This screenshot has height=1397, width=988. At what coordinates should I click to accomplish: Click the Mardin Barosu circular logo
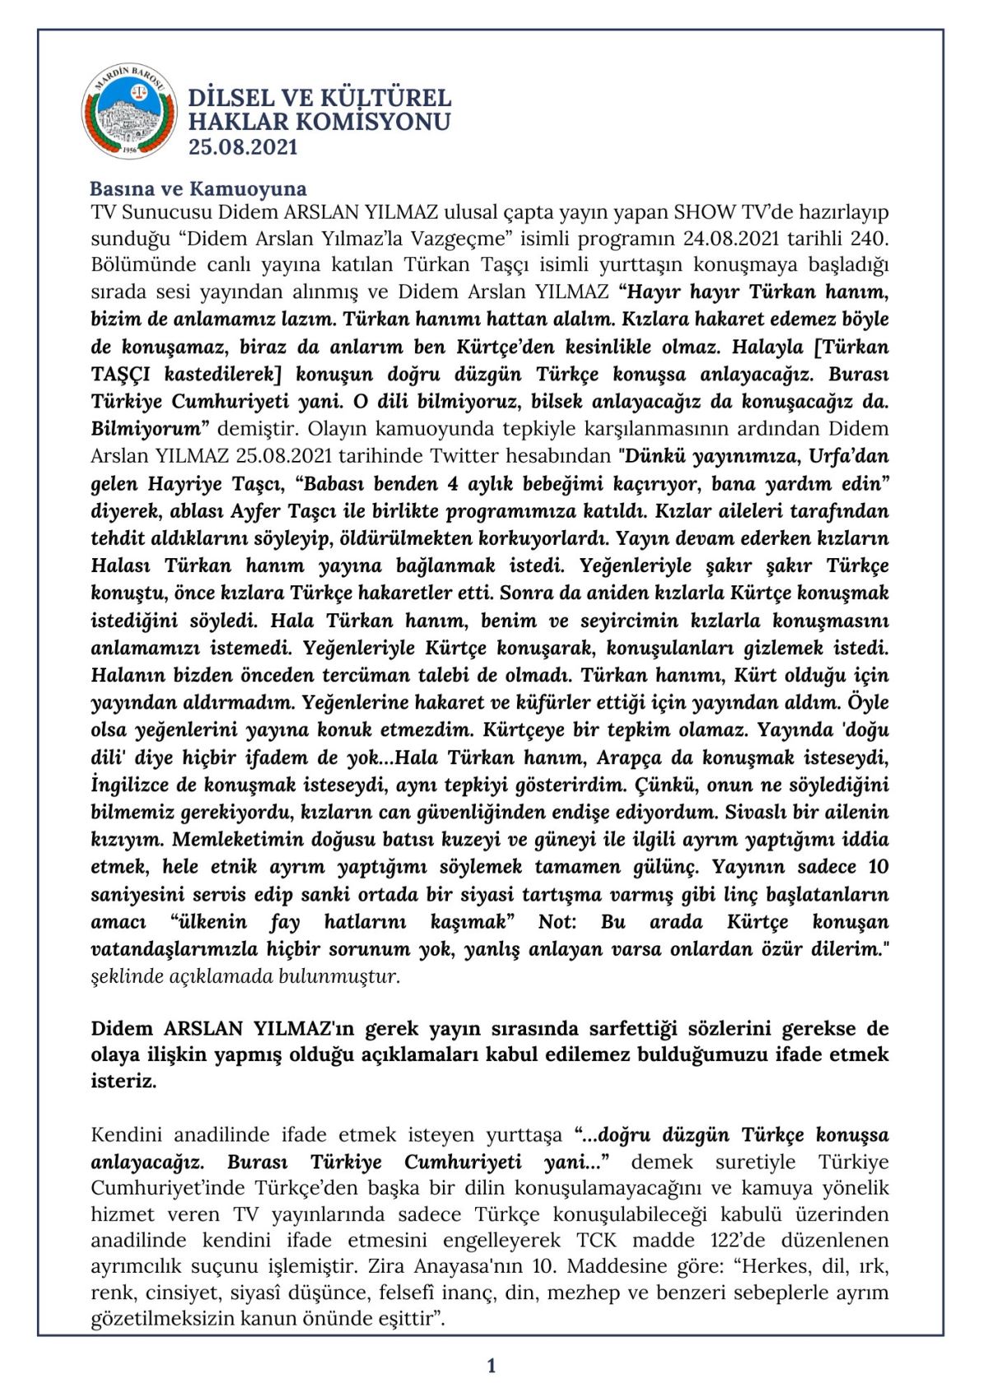[x=129, y=112]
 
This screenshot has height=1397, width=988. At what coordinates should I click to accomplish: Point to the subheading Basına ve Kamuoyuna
[x=198, y=189]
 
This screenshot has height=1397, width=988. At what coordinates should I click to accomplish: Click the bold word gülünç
[x=666, y=867]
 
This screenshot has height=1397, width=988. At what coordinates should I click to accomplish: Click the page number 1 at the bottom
[x=492, y=1366]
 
